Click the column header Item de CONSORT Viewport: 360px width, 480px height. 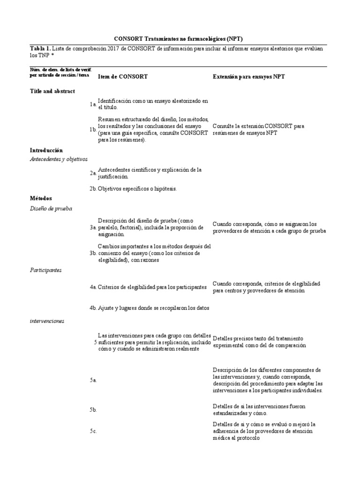[x=123, y=76]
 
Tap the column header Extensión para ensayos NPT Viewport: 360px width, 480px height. [x=248, y=76]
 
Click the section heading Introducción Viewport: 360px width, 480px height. [x=46, y=150]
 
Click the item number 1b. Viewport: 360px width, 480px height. [x=93, y=130]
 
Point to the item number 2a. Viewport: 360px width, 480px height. [x=93, y=173]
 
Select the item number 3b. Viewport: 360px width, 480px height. [x=93, y=253]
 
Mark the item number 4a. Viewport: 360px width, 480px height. [x=93, y=287]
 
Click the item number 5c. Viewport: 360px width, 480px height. [x=93, y=431]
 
